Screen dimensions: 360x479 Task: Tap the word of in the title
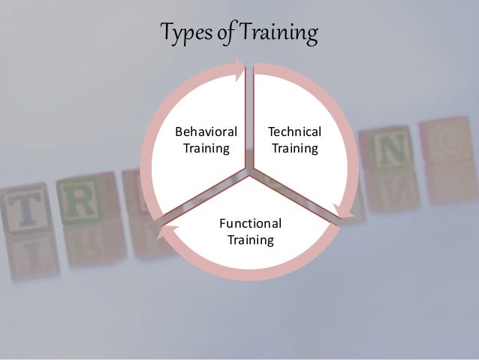click(x=226, y=34)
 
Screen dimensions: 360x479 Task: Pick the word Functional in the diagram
click(x=250, y=223)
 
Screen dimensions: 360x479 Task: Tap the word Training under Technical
click(x=294, y=148)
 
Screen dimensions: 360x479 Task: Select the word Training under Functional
click(x=250, y=240)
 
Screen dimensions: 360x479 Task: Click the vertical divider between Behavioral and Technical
click(x=250, y=120)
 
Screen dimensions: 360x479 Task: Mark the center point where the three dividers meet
click(x=250, y=174)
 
